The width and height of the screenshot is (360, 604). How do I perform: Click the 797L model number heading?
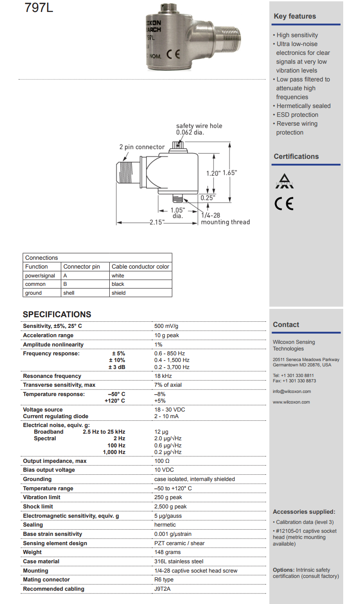[x=39, y=8]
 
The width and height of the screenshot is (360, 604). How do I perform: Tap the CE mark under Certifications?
[x=283, y=203]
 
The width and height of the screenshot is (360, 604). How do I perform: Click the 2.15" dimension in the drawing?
[x=157, y=222]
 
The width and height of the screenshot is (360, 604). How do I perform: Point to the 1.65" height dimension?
[x=230, y=173]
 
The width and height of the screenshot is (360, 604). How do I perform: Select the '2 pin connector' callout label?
[x=142, y=147]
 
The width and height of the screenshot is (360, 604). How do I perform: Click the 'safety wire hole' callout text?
[x=199, y=126]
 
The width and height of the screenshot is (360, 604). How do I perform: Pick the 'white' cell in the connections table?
[x=118, y=276]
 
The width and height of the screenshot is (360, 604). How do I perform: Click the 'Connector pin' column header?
[x=82, y=267]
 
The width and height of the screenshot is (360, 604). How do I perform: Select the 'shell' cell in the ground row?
[x=69, y=293]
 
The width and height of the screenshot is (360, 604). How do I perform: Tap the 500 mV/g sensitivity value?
[x=166, y=326]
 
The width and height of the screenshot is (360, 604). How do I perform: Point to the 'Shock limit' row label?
[x=38, y=507]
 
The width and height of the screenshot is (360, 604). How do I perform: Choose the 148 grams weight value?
[x=168, y=552]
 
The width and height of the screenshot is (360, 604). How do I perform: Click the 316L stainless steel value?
[x=179, y=562]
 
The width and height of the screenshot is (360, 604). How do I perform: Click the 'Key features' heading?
[x=295, y=16]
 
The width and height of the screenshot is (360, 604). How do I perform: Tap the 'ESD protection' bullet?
[x=297, y=115]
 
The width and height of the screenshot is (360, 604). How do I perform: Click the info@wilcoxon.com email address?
[x=292, y=392]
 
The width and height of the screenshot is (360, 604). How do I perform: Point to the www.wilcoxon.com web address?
[x=291, y=402]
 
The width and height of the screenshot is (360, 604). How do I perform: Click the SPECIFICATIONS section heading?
[x=57, y=315]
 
